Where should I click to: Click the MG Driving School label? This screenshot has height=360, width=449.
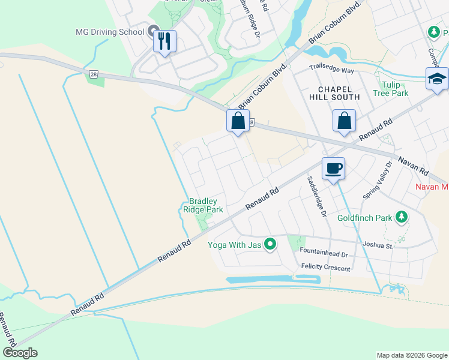click(x=110, y=32)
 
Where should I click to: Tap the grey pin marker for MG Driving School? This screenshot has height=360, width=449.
click(x=152, y=31)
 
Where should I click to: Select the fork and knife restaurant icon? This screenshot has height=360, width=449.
click(x=164, y=41)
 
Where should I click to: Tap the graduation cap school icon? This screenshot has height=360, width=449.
click(x=436, y=79)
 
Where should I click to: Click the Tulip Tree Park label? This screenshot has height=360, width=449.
click(x=390, y=89)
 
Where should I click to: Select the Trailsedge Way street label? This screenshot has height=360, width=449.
click(x=331, y=70)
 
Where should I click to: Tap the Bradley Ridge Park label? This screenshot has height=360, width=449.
click(x=206, y=205)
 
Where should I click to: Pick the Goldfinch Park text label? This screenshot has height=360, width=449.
click(x=364, y=218)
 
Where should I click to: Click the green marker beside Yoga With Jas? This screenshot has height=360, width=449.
click(x=271, y=244)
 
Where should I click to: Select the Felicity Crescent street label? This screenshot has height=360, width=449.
click(x=325, y=268)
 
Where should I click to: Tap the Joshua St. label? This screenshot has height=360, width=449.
click(x=378, y=245)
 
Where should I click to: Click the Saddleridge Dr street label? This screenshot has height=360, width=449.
click(x=316, y=196)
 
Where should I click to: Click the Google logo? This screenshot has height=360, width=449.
click(x=20, y=353)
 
